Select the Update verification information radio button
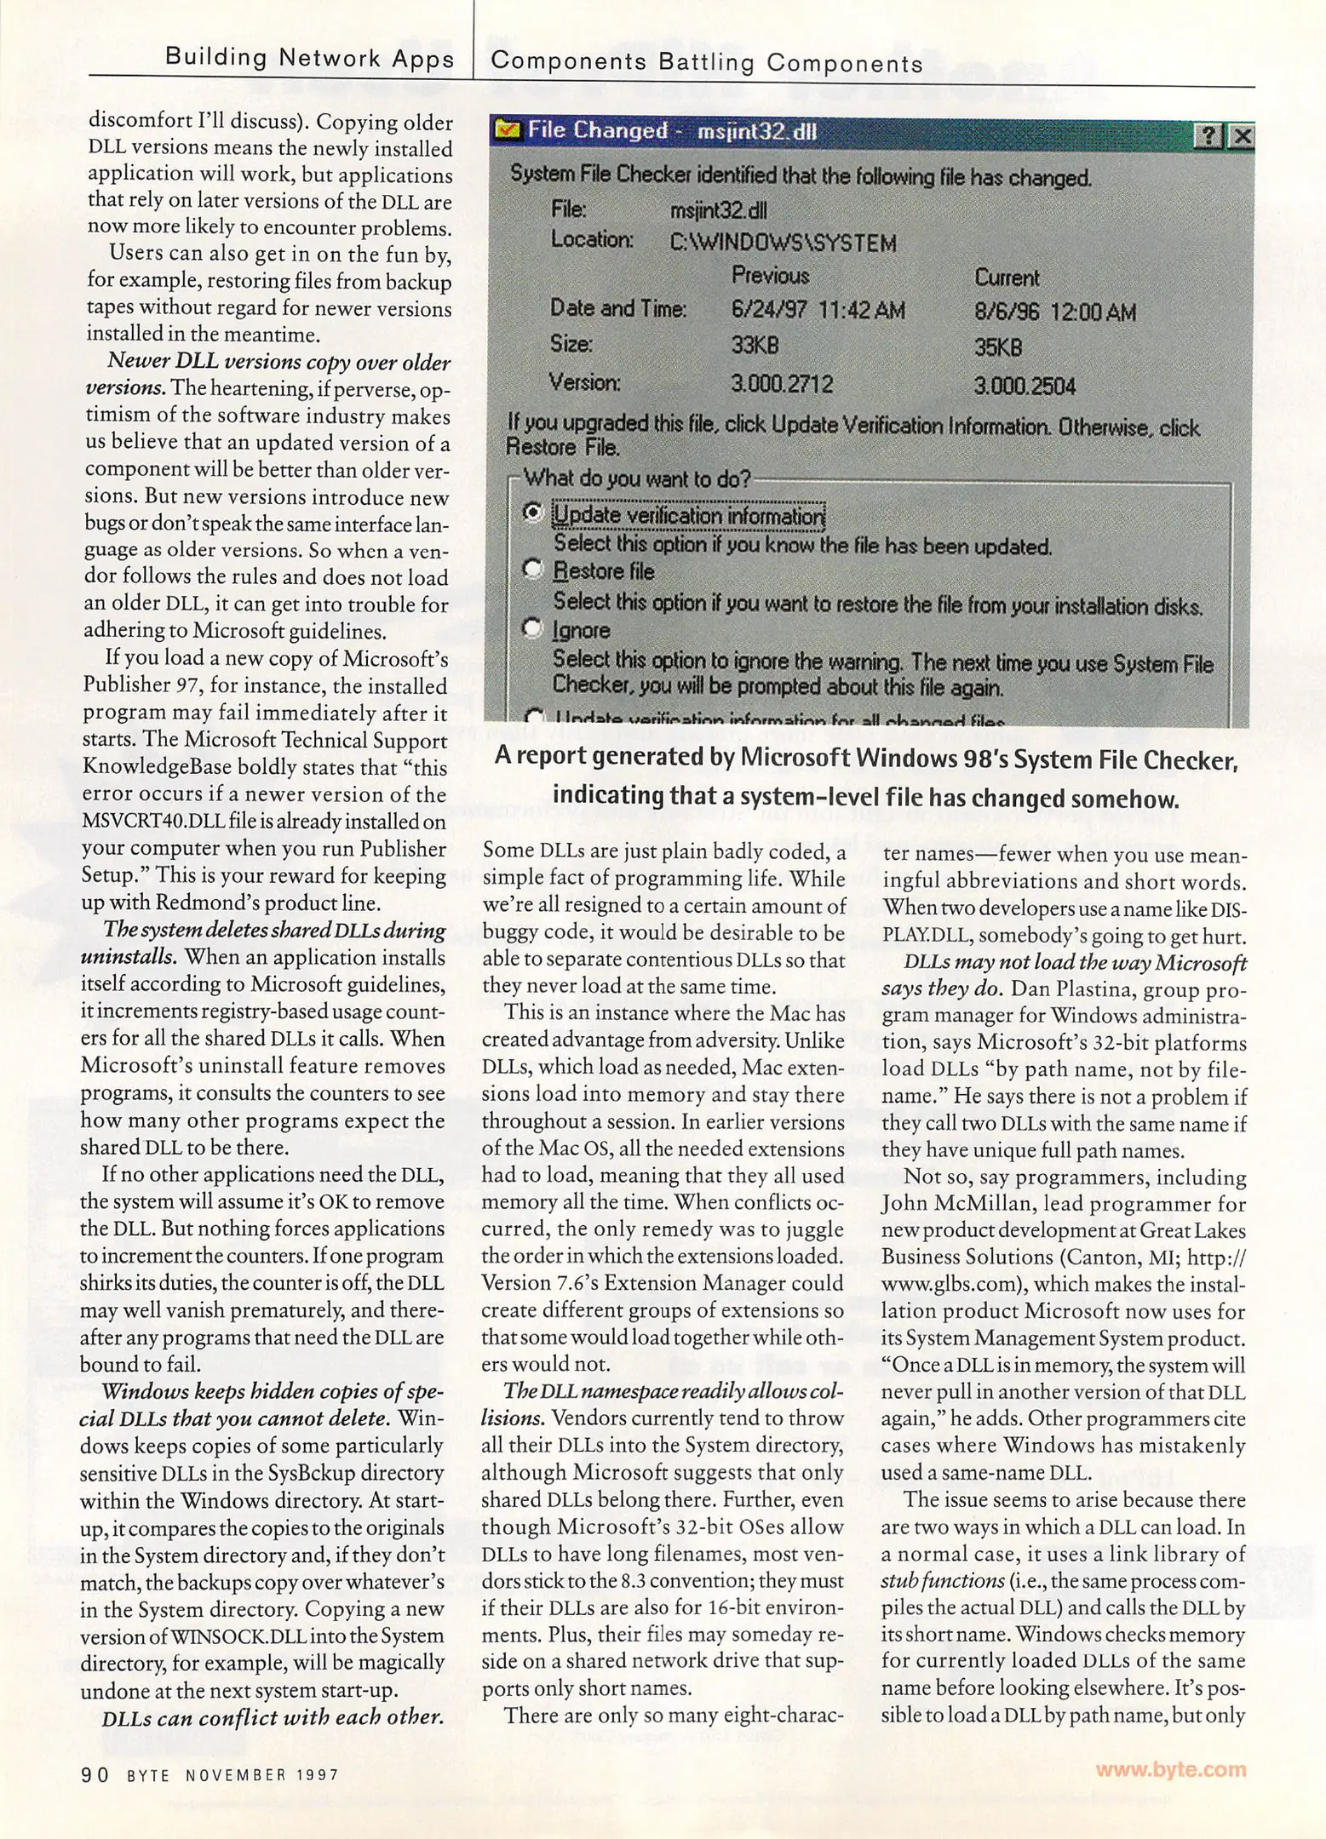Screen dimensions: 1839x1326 (x=532, y=513)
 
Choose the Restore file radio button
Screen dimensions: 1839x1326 (x=532, y=569)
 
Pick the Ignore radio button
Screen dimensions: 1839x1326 (x=532, y=628)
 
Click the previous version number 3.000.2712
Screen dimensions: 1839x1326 (x=782, y=384)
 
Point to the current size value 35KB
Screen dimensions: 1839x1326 (x=998, y=347)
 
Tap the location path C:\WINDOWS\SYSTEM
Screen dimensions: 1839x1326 (x=783, y=243)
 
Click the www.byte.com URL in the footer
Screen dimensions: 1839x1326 (x=1170, y=1769)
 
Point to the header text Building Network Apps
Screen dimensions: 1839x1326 (x=309, y=58)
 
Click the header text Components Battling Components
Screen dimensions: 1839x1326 (x=707, y=62)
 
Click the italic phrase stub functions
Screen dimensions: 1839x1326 (x=943, y=1581)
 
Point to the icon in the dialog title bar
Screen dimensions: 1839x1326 (x=508, y=130)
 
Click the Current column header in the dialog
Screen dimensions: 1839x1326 (x=1007, y=278)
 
